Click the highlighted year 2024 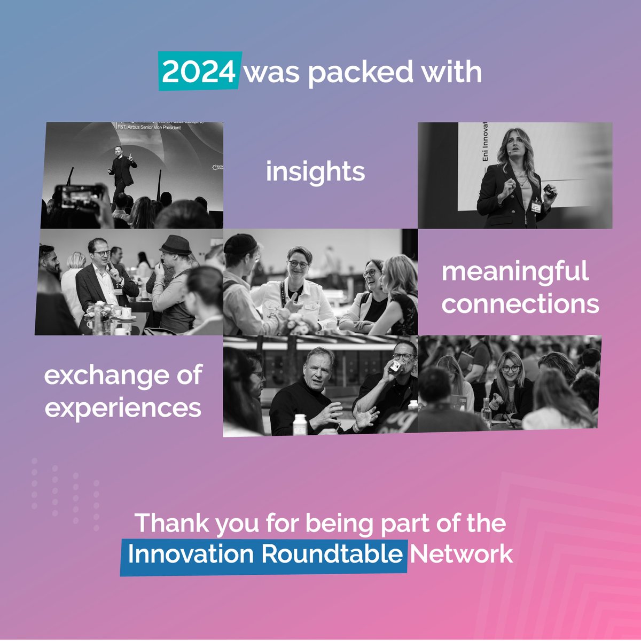point(199,72)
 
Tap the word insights point(315,172)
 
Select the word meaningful point(515,271)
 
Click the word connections point(520,304)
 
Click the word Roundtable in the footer point(331,554)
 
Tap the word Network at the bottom point(461,554)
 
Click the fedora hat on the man point(175,245)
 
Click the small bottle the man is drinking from point(395,366)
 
